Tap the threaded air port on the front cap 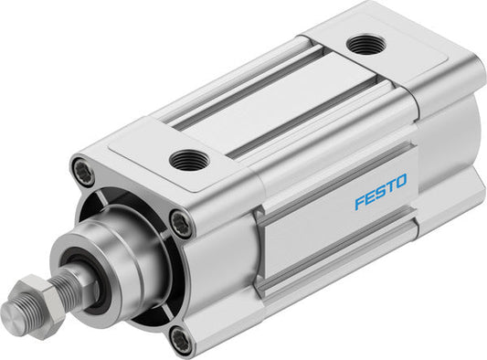(189, 160)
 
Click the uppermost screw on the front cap (82, 170)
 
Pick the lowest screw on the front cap (181, 341)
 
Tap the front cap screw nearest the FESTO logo (183, 221)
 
